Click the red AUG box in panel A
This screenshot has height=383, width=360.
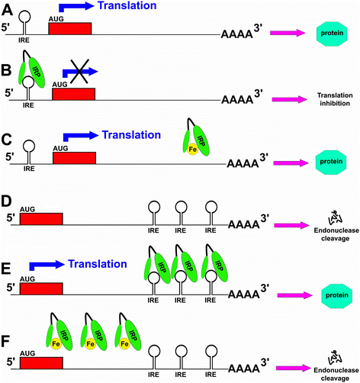(69, 28)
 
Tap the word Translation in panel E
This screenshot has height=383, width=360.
(97, 264)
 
